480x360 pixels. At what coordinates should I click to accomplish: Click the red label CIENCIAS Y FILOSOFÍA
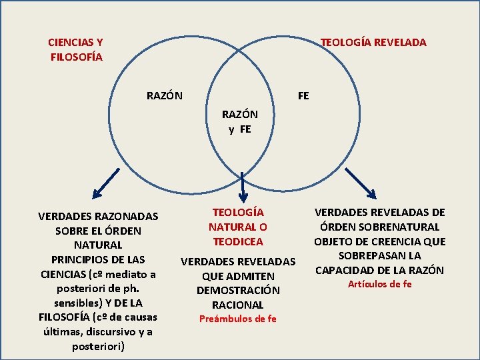[x=75, y=49]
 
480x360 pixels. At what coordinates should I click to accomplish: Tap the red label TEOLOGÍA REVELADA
[x=373, y=42]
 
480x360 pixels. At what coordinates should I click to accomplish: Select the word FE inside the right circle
[x=303, y=95]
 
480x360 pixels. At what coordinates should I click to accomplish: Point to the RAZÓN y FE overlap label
[x=240, y=121]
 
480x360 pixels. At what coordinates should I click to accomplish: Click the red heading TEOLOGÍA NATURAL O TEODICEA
[x=238, y=227]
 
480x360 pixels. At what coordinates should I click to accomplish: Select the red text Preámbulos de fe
[x=238, y=319]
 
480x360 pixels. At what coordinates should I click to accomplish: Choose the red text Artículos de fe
[x=380, y=284]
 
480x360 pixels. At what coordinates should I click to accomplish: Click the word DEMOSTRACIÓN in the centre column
[x=238, y=290]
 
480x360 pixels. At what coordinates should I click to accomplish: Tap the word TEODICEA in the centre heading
[x=238, y=241]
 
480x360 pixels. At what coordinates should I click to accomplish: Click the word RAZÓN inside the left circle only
[x=165, y=95]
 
